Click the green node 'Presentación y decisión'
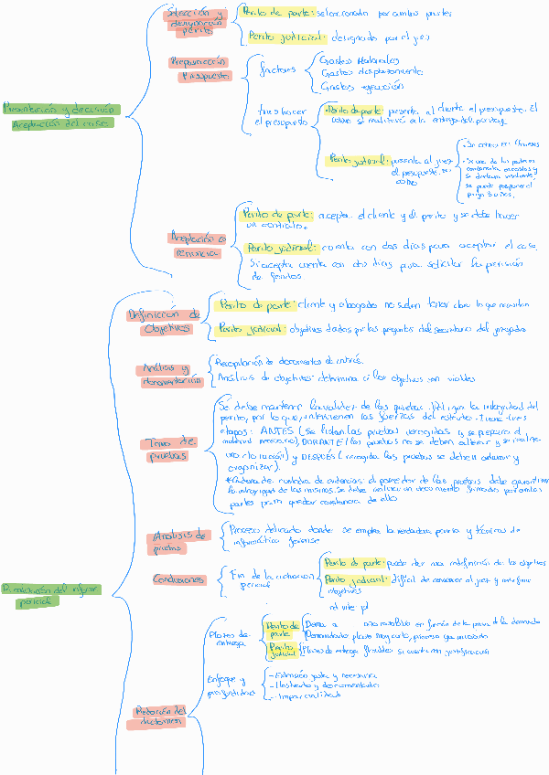(59, 108)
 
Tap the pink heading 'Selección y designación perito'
(198, 21)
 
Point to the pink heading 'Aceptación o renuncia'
(197, 245)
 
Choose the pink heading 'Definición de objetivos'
(163, 321)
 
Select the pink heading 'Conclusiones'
(178, 579)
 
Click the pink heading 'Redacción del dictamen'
(161, 716)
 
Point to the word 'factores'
(277, 69)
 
